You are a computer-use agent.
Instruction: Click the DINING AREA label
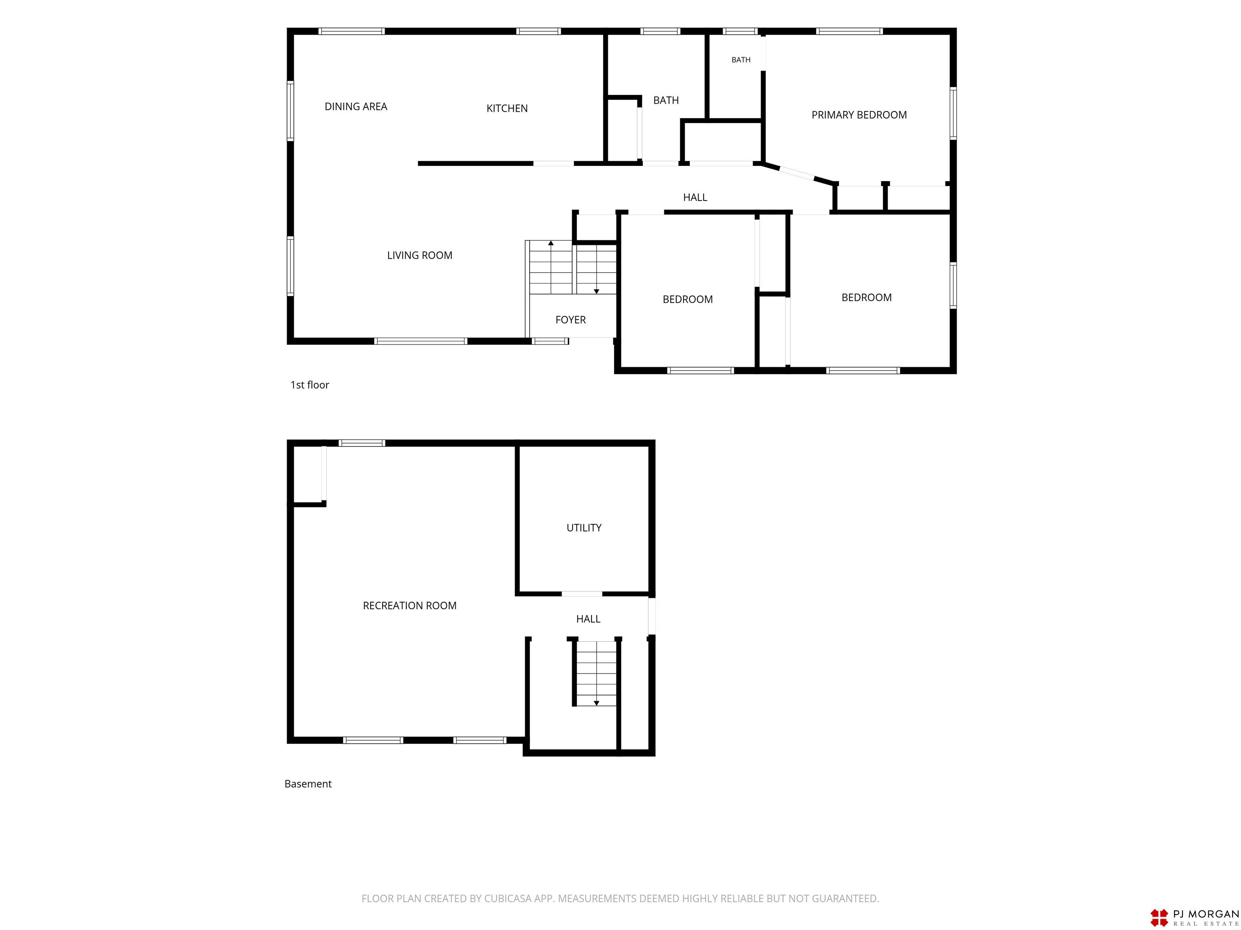tap(355, 107)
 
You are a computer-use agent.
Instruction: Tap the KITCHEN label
tap(507, 108)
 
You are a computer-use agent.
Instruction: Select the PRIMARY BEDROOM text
tap(859, 115)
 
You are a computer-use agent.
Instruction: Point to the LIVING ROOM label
tap(420, 255)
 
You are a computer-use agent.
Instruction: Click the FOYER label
tap(570, 320)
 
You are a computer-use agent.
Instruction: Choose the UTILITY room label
tap(584, 528)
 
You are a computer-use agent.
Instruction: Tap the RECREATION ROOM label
tap(410, 605)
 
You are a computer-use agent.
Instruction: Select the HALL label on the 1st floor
tap(695, 197)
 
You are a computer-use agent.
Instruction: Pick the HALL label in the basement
tap(588, 619)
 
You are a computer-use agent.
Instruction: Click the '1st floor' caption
tap(310, 385)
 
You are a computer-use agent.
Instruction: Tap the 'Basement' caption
tap(308, 784)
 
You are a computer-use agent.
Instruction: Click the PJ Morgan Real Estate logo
tap(1194, 917)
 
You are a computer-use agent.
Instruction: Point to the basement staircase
tap(596, 673)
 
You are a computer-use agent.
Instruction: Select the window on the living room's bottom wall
tap(421, 341)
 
